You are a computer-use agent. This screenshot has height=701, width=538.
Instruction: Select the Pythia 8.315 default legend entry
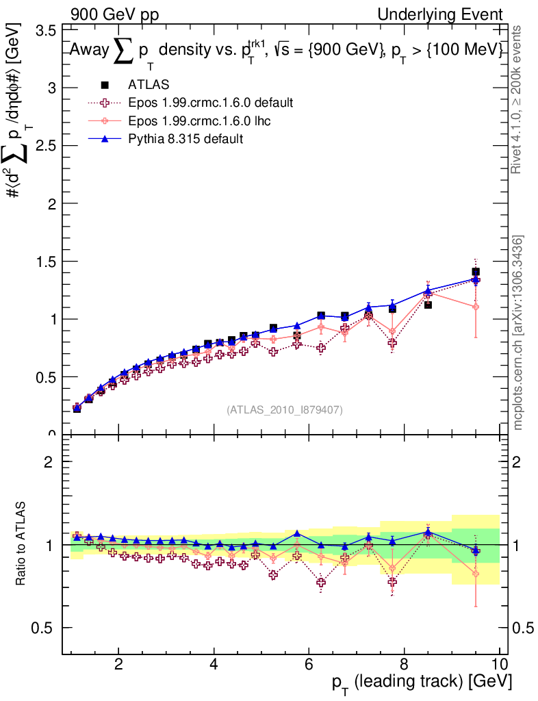(185, 138)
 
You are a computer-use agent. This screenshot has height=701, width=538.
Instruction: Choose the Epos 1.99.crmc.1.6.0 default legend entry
(210, 103)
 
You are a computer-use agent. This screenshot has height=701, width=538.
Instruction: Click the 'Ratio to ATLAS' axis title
(21, 544)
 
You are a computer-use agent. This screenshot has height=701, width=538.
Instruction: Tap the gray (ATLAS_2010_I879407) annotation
(285, 410)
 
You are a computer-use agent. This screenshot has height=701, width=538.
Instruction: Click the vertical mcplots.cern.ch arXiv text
(519, 333)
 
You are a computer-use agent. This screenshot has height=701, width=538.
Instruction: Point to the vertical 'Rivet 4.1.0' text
(519, 99)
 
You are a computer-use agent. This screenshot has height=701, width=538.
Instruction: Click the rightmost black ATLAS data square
(476, 272)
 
